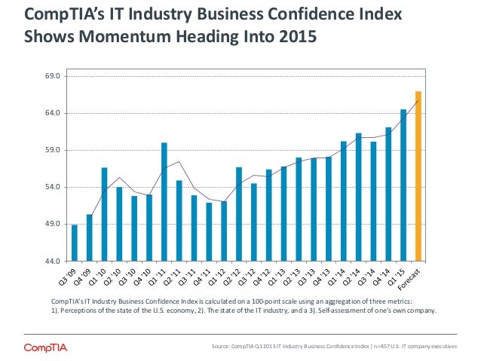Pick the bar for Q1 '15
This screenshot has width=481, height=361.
click(403, 185)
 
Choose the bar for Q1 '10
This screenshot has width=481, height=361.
click(104, 214)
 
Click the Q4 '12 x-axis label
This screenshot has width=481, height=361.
click(264, 277)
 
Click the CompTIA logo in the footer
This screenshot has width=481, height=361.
click(49, 347)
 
